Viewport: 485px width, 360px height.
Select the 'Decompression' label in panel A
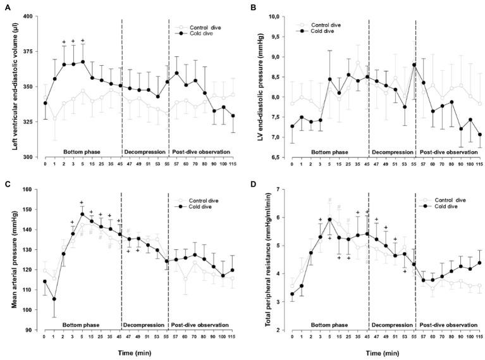(x=144, y=152)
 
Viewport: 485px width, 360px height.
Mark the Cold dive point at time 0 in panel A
(x=45, y=103)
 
